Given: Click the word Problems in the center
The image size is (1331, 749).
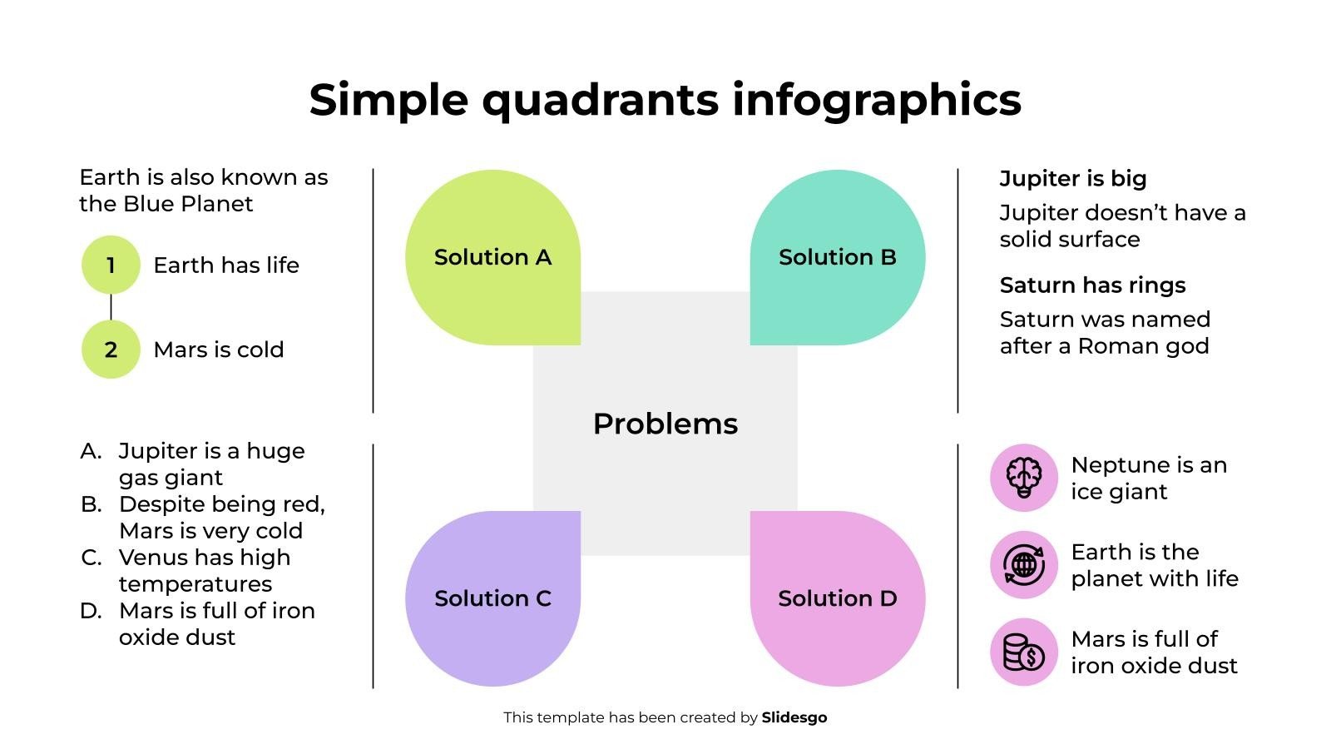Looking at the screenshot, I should pos(665,424).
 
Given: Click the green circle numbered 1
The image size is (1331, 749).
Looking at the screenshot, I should pos(111,265).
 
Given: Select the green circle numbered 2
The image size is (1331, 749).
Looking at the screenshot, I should pos(111,350).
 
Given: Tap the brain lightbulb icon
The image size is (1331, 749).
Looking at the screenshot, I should pos(1024,478).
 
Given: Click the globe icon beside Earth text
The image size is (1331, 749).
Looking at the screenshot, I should pos(1024,565).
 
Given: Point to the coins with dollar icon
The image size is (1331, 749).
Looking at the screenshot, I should pos(1024,652).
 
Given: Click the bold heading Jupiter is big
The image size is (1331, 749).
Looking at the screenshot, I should pos(1073,178).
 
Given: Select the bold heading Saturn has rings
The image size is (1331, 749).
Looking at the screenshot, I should pos(1092,285).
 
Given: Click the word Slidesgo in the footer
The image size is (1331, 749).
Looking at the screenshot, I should pos(794,717).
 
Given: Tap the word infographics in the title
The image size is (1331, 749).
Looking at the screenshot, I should pos(877,100).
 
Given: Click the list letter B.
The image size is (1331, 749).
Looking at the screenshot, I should pos(91,504).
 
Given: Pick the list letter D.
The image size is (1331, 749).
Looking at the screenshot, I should pos(91,611).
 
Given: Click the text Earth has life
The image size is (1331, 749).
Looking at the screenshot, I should pos(226,265).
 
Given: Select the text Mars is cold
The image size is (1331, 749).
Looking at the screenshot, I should pos(219,350).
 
